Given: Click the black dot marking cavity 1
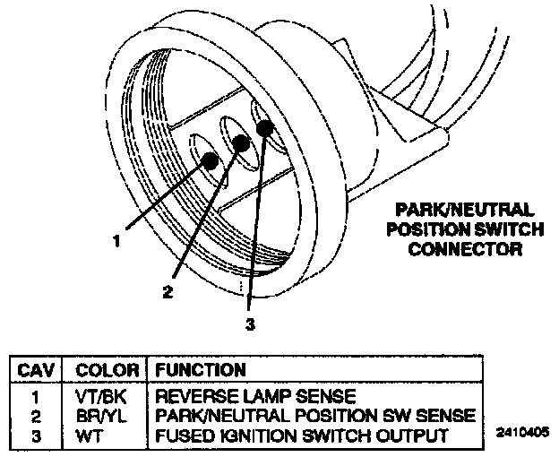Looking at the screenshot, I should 209,160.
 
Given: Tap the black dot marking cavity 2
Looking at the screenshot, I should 240,143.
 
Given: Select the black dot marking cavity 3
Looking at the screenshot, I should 264,127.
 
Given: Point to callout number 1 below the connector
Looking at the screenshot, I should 116,239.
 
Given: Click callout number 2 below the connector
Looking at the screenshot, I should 167,290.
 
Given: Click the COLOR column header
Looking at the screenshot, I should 106,369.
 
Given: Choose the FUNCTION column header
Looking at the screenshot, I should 201,369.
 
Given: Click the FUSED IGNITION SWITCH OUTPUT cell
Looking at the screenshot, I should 301,435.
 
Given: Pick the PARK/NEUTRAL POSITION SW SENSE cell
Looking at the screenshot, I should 313,415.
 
